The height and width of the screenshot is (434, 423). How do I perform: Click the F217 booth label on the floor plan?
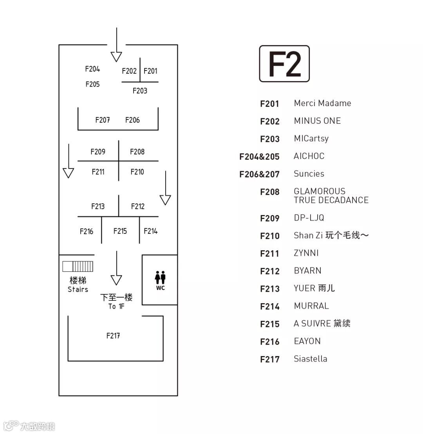coord(113,336)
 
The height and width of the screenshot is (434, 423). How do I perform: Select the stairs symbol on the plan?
coord(78,266)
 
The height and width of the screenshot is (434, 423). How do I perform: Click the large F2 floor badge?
coord(284,63)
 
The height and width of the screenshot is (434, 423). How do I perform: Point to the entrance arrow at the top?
coord(116,45)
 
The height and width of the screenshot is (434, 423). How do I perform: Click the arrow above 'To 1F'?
coord(116,268)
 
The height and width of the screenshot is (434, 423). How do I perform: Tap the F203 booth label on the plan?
coord(140,91)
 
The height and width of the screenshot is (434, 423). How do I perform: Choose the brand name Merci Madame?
coord(322,103)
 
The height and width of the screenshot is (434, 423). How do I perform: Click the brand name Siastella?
coord(310,359)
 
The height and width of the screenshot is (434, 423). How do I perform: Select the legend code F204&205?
coord(259,157)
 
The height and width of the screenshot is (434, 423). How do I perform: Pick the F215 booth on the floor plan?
coord(120,231)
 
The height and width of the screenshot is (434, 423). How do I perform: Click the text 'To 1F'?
coord(116,306)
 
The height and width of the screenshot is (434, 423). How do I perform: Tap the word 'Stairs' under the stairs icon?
coord(78,289)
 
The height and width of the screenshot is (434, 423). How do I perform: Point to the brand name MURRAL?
coord(311,306)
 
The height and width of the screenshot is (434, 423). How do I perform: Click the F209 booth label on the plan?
coord(98,152)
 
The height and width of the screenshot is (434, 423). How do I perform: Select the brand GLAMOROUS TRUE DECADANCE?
coord(331,196)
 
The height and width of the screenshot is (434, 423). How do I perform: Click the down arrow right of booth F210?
coord(165,188)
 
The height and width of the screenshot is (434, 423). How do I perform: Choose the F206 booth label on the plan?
coord(132,120)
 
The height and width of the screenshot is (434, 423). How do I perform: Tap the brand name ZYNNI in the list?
coord(306,253)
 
